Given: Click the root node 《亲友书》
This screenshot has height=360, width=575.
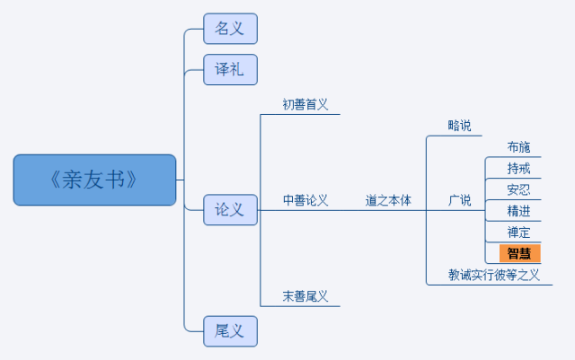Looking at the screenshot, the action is click(94, 180).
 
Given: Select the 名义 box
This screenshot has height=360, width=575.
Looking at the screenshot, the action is click(230, 29).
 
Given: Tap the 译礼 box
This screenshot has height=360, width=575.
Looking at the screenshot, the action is click(230, 70).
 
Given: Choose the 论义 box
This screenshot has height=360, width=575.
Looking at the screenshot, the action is click(230, 210).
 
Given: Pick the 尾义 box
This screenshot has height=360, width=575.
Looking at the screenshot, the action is click(230, 331).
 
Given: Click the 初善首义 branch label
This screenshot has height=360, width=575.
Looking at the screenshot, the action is click(305, 104).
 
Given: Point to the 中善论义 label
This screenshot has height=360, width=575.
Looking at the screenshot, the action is click(305, 200).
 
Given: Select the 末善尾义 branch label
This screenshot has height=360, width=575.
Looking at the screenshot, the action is click(305, 296).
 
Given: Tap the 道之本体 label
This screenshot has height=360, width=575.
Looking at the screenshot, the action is click(388, 200).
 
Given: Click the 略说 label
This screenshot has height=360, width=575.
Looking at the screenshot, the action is click(459, 126).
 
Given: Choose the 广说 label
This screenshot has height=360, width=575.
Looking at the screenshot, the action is click(459, 200).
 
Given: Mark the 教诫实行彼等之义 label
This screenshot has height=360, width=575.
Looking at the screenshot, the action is click(493, 275).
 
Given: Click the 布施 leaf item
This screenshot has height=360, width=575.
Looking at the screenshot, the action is click(519, 147).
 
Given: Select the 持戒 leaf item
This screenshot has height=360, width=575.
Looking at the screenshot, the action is click(519, 168).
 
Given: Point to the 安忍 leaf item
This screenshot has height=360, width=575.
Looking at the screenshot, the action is click(519, 189).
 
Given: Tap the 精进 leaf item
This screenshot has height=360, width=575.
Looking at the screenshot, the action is click(519, 211).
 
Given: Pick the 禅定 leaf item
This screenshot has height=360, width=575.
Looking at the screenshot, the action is click(519, 232).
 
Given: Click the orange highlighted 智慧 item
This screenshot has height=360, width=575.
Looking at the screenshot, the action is click(520, 253).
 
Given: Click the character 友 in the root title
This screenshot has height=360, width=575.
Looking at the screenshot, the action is click(94, 180).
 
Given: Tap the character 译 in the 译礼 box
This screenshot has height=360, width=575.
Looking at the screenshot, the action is click(222, 69).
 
